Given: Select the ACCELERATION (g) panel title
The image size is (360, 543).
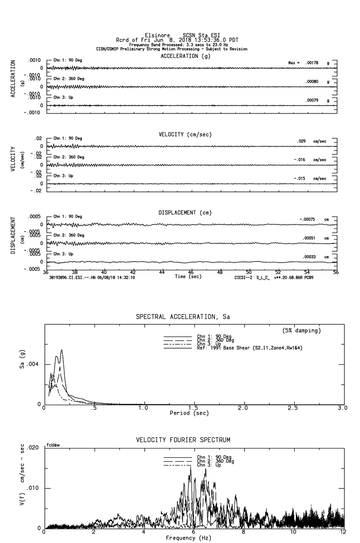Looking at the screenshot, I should pos(187,56).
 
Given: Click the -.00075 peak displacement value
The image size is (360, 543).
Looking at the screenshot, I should pos(308,220).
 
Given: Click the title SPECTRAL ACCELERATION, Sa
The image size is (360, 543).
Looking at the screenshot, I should pos(183,317).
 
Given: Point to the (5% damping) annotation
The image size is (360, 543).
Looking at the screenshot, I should pos(302,331).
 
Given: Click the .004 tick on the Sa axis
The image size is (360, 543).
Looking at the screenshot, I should pos(36,364).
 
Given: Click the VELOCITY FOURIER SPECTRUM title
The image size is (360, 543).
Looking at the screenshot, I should pos(183,440).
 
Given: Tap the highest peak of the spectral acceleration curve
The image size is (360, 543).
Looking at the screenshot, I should pos(62,350).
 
